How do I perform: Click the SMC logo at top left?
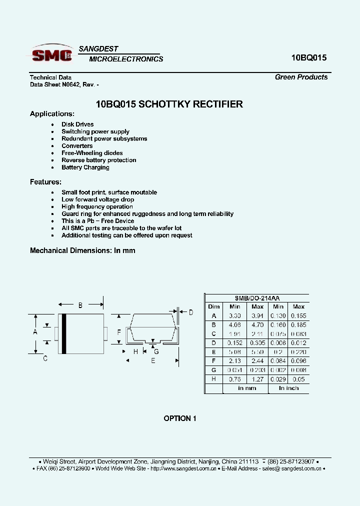(x=51, y=54)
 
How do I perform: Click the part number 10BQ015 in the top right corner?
(x=308, y=57)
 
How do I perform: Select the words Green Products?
(x=301, y=77)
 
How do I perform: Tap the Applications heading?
(x=52, y=114)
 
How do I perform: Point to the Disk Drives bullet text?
(x=77, y=124)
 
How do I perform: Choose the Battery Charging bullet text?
(x=85, y=167)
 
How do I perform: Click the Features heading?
(x=45, y=182)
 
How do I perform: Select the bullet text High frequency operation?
(x=97, y=206)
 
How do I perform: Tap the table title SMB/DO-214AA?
(x=257, y=297)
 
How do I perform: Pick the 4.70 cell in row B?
(x=257, y=324)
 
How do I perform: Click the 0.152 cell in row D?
(x=235, y=342)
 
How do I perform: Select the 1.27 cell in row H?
(x=257, y=379)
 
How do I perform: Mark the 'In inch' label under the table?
(x=288, y=388)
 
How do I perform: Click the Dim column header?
(x=213, y=306)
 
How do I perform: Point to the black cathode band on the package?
(x=63, y=333)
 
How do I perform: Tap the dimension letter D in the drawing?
(x=190, y=312)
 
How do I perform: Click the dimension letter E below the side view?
(x=153, y=360)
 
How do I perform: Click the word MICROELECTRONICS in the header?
(x=126, y=59)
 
